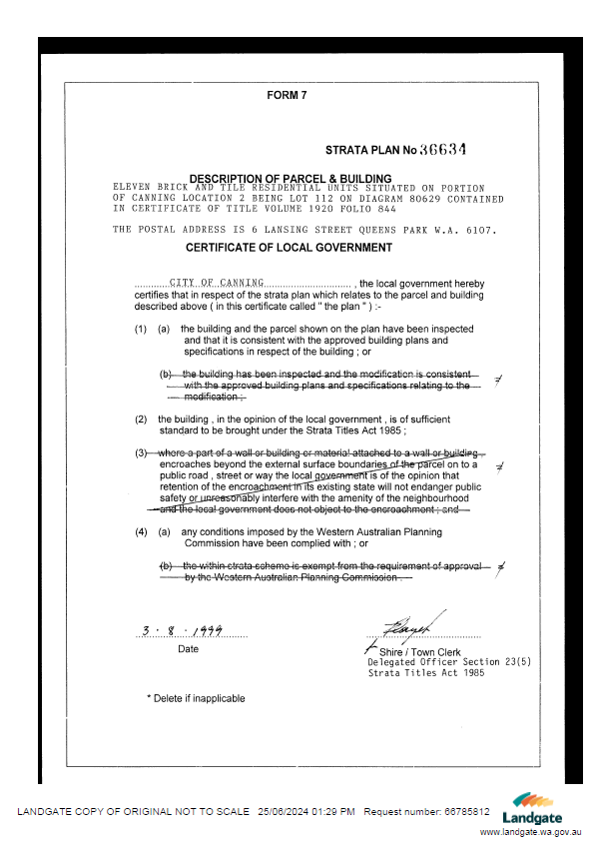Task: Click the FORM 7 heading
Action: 288,96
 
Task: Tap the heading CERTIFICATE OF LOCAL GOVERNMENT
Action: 290,248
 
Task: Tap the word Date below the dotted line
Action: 188,649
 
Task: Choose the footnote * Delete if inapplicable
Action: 196,698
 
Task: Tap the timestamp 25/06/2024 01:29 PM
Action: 305,811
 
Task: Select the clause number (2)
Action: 141,419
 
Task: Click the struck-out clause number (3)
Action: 142,453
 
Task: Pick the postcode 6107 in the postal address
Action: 477,230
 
